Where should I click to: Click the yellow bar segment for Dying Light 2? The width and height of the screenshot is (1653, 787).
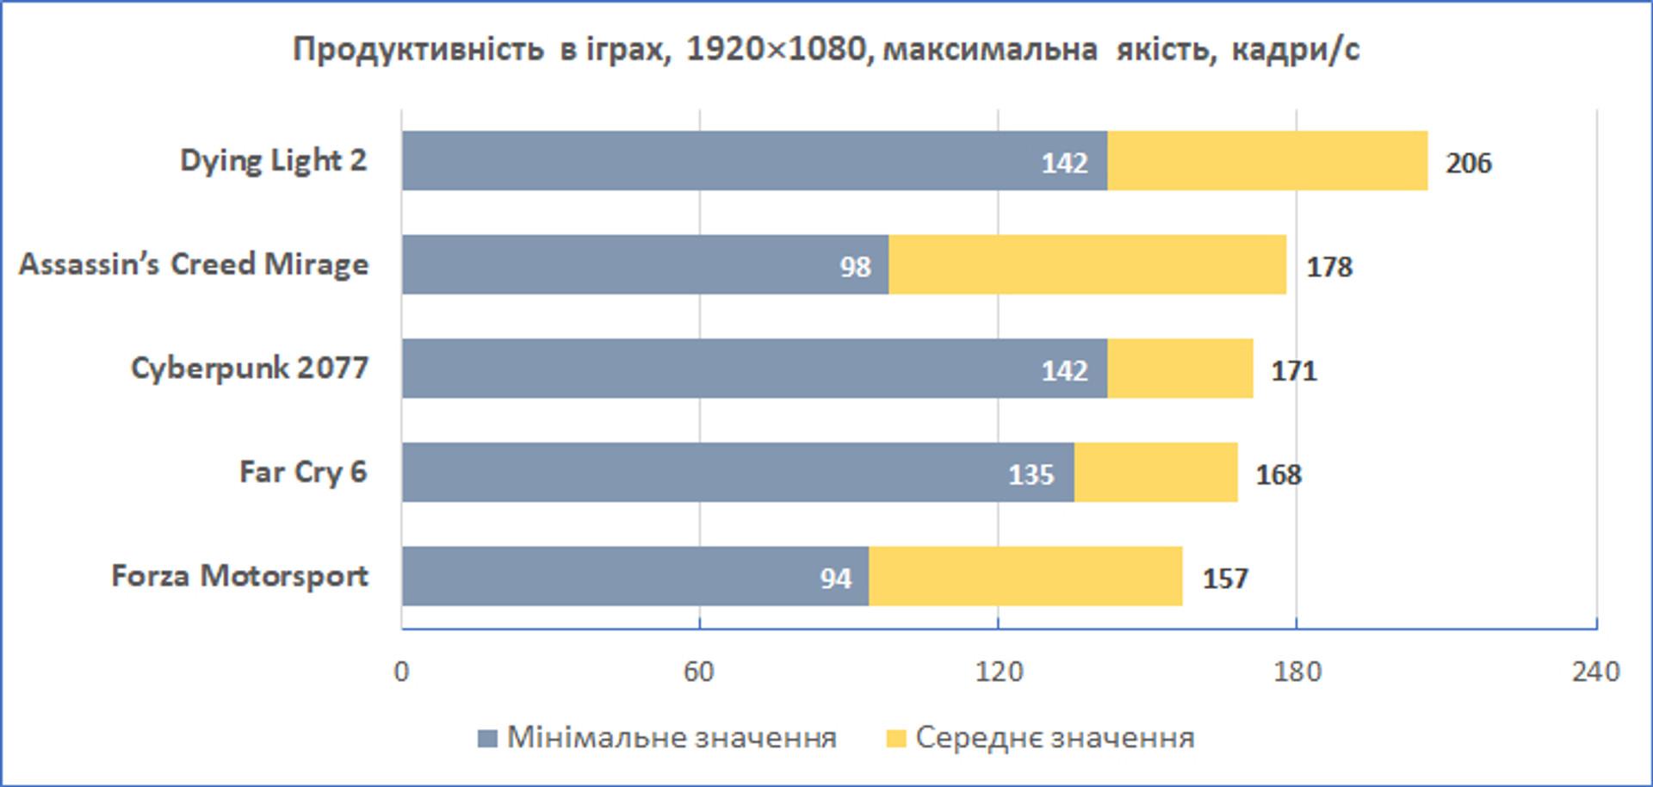[x=1267, y=161]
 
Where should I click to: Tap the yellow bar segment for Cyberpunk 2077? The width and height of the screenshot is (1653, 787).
[x=1179, y=369]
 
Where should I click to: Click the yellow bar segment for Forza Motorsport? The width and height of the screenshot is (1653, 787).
[x=1025, y=576]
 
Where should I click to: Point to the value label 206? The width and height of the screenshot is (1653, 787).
[x=1468, y=163]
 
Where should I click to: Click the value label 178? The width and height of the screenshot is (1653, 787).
[x=1329, y=267]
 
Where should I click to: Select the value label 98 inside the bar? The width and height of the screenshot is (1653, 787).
[x=855, y=267]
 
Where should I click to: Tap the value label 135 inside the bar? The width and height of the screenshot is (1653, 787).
[x=1031, y=474]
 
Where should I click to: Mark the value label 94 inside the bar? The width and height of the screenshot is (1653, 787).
[x=835, y=579]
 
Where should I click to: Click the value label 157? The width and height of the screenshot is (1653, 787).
[x=1225, y=579]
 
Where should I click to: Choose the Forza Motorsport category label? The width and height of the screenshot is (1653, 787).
[x=239, y=575]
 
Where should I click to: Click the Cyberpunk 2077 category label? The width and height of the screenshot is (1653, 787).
[x=249, y=368]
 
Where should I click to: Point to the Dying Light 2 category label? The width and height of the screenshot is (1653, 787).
[x=273, y=160]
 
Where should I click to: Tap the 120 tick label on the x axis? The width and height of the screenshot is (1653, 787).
[x=999, y=671]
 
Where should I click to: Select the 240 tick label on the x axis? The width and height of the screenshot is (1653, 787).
[x=1595, y=671]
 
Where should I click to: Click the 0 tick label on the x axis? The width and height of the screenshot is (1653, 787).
[x=401, y=671]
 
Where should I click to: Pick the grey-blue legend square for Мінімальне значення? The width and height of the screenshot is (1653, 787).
[x=487, y=738]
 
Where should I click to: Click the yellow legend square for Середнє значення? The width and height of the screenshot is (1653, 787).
[x=896, y=738]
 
